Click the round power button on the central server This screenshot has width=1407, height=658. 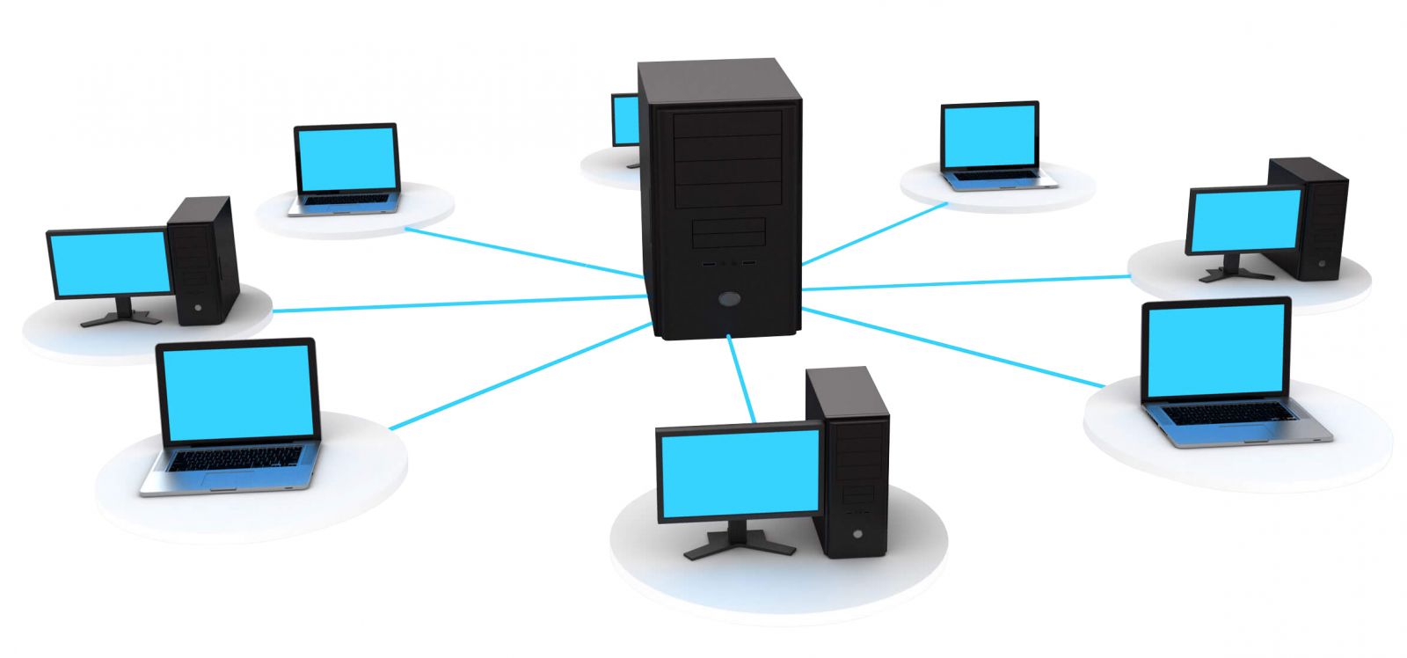(x=729, y=299)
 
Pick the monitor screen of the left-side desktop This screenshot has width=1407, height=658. (x=110, y=263)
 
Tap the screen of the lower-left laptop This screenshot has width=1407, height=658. (x=238, y=391)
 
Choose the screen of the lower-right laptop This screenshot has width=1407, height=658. (x=1215, y=351)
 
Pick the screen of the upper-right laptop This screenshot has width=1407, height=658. (x=989, y=138)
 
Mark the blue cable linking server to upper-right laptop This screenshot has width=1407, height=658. (x=875, y=233)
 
